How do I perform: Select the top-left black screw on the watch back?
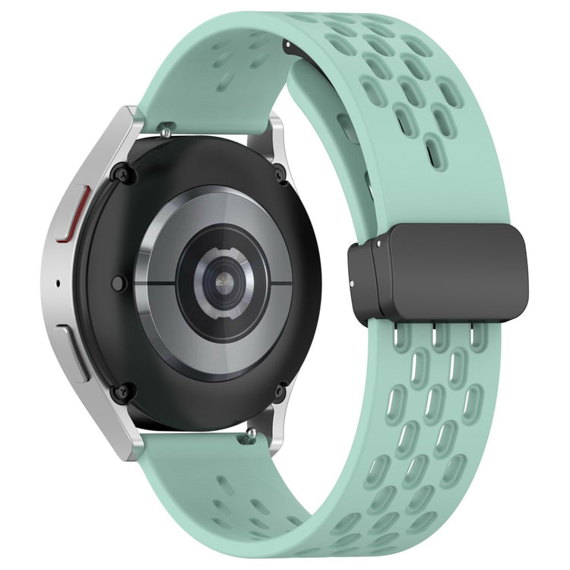coord(119,174)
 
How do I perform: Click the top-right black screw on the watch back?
coord(280,174)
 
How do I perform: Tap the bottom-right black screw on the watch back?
coord(280,392)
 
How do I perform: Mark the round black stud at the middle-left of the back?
coord(118,283)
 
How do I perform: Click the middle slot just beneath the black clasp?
coord(435,335)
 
